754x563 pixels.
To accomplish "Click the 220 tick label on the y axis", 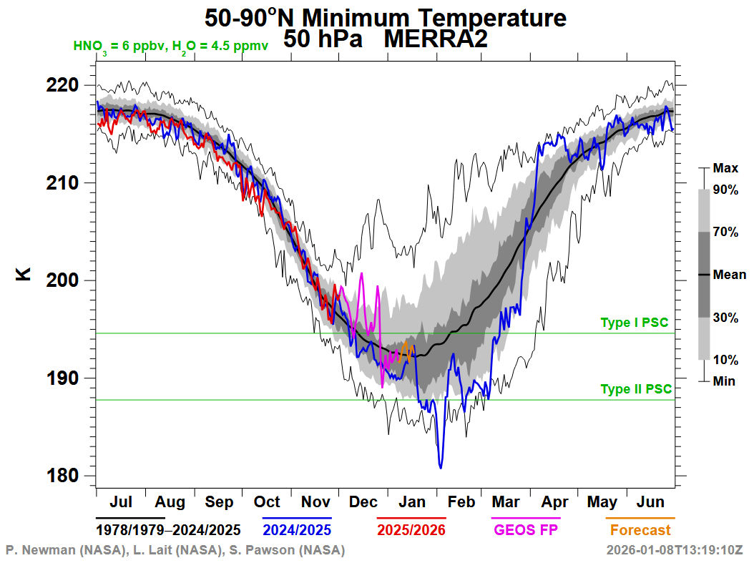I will pos(64,85).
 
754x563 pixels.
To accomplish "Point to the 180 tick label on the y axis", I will pos(64,476).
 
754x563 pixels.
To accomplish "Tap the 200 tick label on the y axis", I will pos(64,280).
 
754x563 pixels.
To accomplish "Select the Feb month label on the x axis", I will pos(461,502).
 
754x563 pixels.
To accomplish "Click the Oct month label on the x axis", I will pos(267,502).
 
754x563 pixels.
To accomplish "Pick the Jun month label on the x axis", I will pos(650,502).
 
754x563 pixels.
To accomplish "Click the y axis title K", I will pos(24,273).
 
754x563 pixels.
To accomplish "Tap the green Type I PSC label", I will pos(634,323).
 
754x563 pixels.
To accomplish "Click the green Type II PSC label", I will pos(636,389).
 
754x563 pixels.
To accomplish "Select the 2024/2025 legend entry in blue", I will pos(296,530).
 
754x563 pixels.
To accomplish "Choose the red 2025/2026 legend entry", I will pos(411,530).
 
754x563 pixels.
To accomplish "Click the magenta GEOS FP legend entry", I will pos(525,530).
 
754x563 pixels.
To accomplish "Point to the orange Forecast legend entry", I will pos(640,530).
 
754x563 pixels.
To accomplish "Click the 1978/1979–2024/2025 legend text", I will pos(168,530).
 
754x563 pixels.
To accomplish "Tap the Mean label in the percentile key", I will pos(729,275).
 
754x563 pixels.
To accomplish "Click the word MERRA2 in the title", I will pos(436,39).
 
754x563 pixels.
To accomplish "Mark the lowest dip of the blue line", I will pos(441,468).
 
